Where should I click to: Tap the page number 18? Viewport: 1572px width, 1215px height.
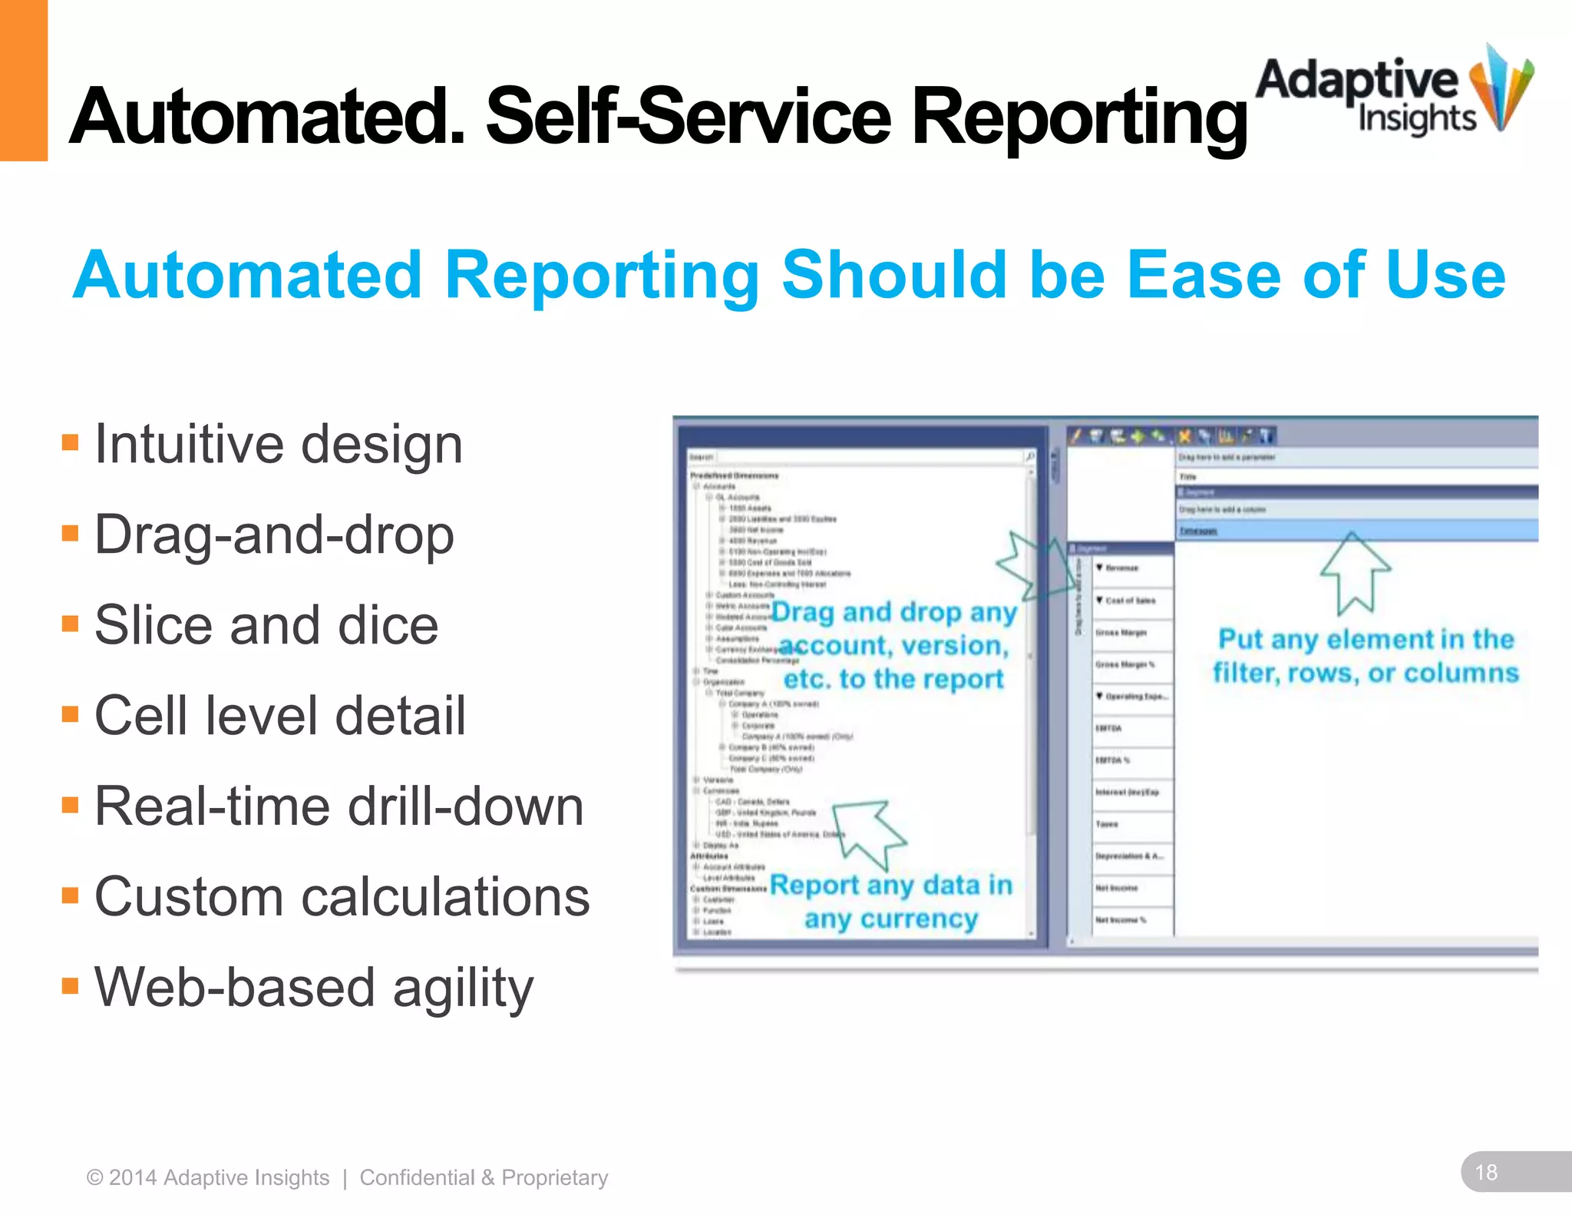(x=1486, y=1172)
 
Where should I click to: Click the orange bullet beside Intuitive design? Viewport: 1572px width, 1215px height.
(x=71, y=442)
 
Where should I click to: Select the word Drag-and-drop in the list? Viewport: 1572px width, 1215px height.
(x=274, y=535)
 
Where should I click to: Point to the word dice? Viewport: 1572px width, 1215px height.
(x=388, y=625)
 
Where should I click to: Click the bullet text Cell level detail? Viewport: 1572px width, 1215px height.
(x=279, y=716)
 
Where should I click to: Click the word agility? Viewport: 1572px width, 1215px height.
(x=463, y=988)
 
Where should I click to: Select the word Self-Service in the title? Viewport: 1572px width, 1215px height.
(x=688, y=117)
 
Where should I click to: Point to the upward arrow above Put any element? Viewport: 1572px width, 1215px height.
(x=1355, y=572)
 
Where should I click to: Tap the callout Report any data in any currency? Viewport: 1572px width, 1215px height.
(x=890, y=902)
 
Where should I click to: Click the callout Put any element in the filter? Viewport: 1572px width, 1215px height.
(x=1365, y=656)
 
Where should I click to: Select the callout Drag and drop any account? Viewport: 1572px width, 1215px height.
(x=893, y=645)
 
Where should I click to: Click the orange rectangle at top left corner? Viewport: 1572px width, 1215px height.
(x=23, y=80)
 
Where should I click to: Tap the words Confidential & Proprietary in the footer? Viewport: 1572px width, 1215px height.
(x=484, y=1177)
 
